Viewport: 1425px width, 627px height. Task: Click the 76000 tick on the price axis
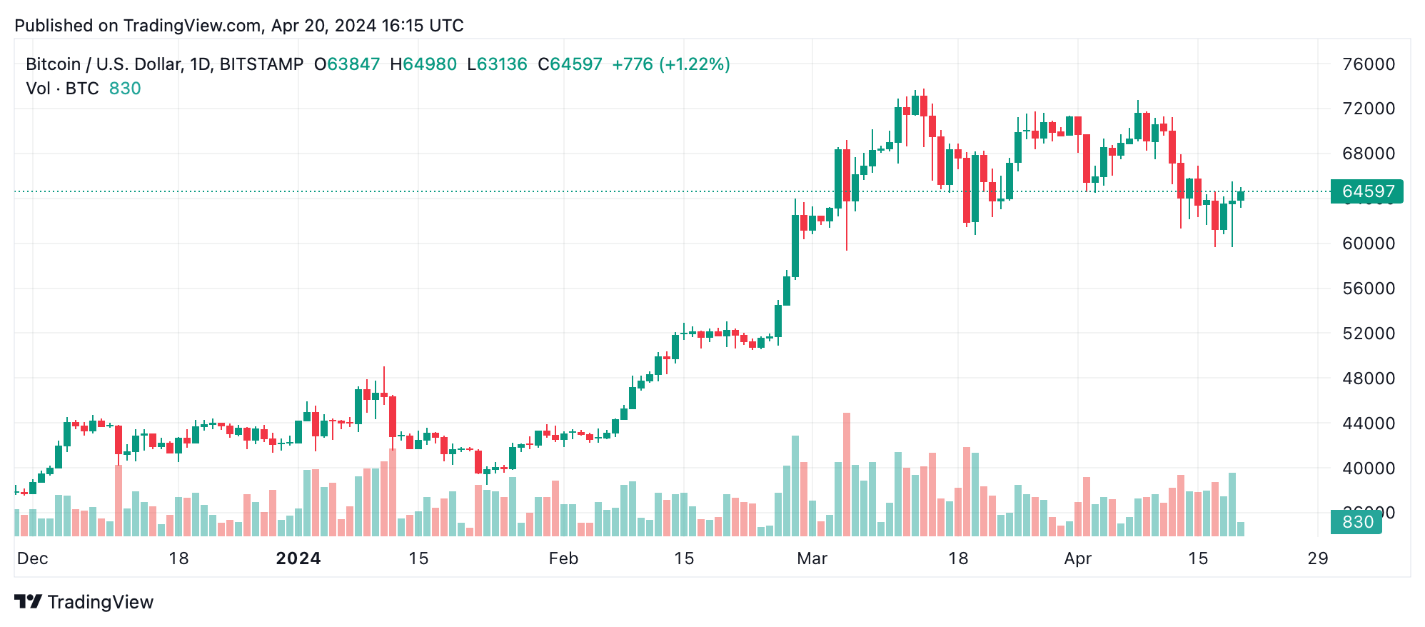point(1368,64)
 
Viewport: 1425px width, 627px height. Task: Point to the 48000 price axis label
point(1368,378)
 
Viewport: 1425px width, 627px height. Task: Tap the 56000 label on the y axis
point(1368,289)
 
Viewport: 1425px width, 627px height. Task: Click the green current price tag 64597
point(1367,191)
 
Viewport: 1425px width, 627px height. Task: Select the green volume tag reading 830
point(1356,522)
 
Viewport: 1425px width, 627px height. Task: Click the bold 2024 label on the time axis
point(298,558)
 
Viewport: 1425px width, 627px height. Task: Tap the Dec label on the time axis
point(33,558)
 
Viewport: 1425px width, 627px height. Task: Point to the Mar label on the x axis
point(812,558)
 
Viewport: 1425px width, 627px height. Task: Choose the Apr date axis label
point(1077,558)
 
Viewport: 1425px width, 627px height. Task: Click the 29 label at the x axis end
point(1317,558)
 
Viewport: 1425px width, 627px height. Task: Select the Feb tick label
point(563,558)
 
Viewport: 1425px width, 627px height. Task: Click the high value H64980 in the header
point(423,64)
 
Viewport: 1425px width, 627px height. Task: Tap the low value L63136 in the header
point(497,64)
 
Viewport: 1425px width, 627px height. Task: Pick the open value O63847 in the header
point(347,64)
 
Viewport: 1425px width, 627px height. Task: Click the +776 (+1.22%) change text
point(670,64)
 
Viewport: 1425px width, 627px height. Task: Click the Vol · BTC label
point(62,89)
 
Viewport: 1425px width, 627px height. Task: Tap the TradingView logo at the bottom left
point(84,602)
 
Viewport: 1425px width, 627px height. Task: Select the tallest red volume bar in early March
point(847,474)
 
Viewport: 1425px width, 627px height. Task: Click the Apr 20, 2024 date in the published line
point(323,26)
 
